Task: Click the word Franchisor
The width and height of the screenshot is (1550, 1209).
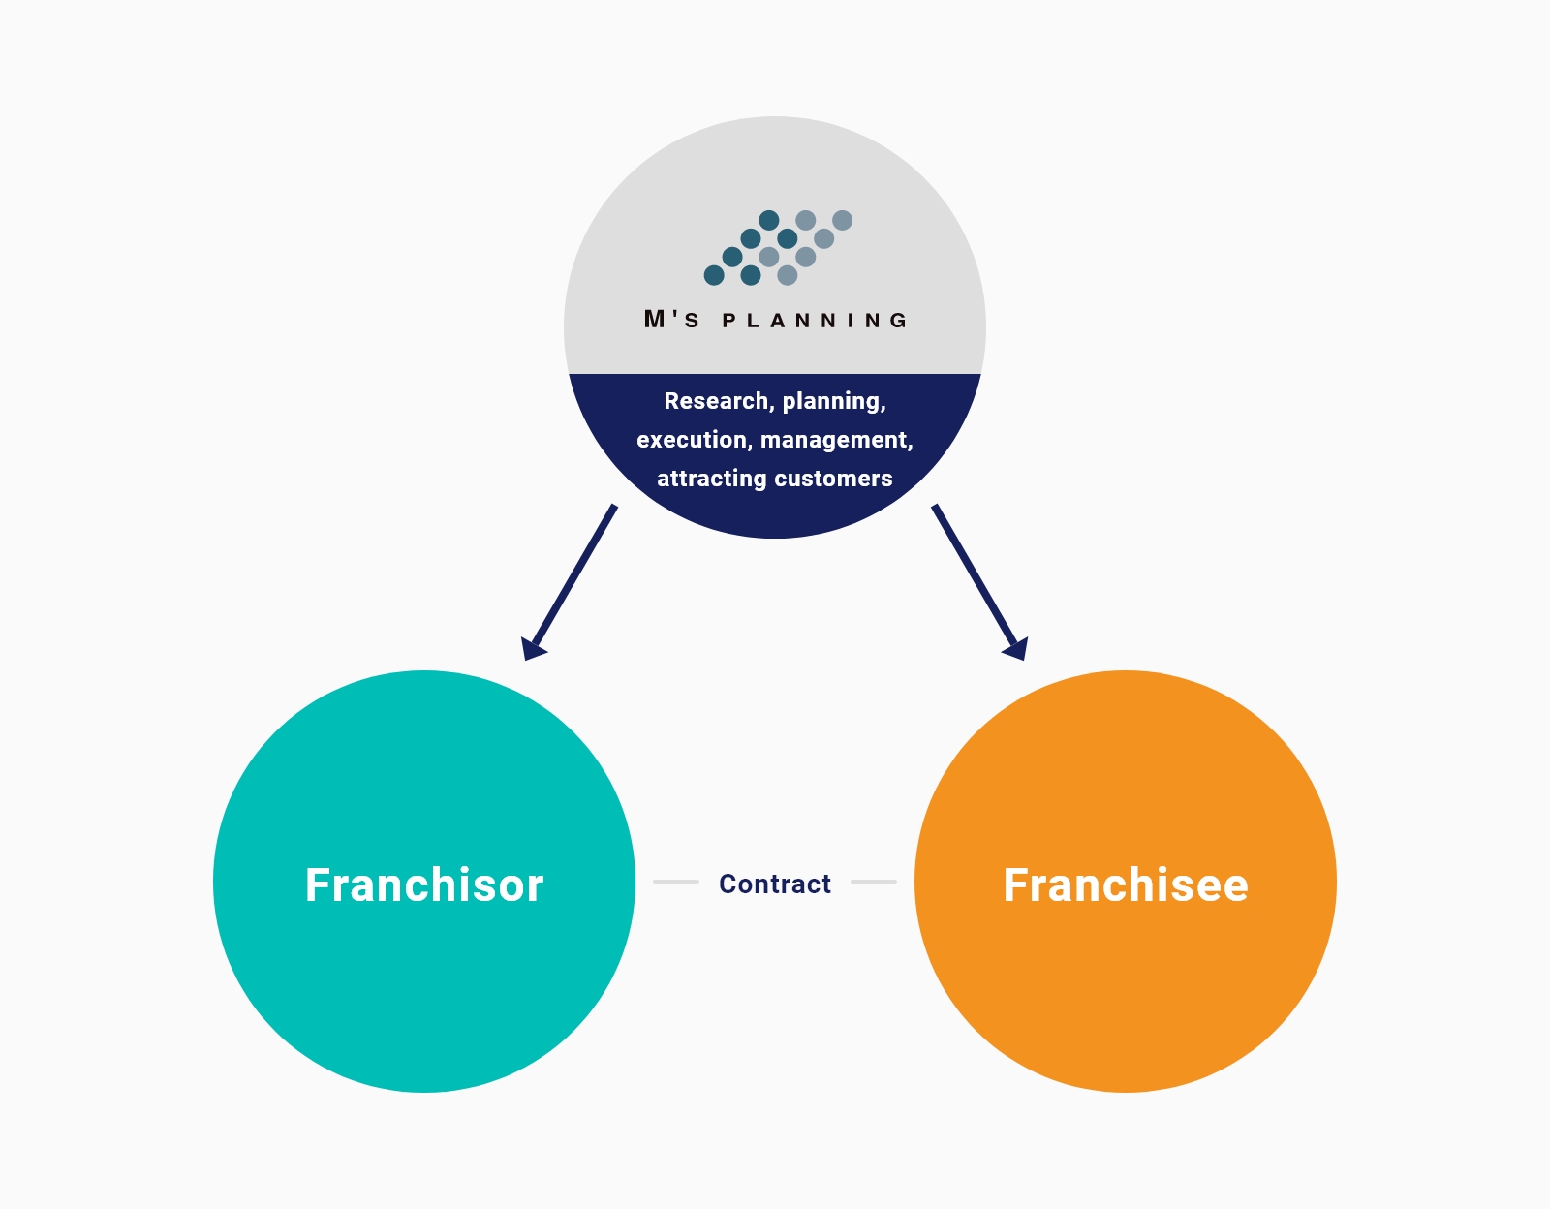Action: [x=424, y=885]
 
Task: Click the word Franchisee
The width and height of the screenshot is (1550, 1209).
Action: [x=1126, y=885]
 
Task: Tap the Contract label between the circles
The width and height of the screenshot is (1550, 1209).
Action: [x=775, y=883]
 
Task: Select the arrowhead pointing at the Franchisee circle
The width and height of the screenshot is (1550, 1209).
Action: [x=1016, y=648]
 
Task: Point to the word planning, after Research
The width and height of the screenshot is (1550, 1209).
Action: [x=834, y=402]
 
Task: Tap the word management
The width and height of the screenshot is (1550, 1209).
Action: [x=837, y=441]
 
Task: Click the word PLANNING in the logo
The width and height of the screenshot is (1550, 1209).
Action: [x=815, y=321]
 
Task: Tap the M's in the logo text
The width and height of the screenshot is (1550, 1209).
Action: [x=671, y=319]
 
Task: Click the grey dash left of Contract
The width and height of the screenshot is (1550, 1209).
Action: [x=676, y=882]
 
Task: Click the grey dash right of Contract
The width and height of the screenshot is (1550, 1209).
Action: [x=874, y=882]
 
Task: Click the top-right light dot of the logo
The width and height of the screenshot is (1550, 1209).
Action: [x=843, y=221]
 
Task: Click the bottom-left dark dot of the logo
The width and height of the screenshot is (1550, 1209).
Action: [x=714, y=275]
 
